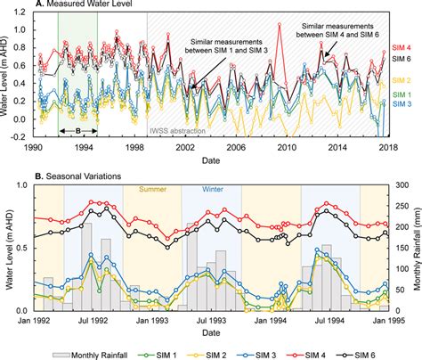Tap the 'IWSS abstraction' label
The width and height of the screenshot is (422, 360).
(178, 131)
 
